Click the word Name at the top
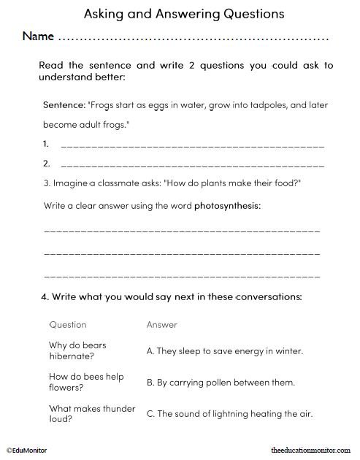tap(37, 36)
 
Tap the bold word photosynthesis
tap(227, 205)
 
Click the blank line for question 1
tap(192, 145)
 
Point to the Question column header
tap(68, 324)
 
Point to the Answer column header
tap(161, 324)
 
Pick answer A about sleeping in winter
tap(225, 350)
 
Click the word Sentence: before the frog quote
tap(64, 105)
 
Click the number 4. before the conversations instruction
tap(45, 297)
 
